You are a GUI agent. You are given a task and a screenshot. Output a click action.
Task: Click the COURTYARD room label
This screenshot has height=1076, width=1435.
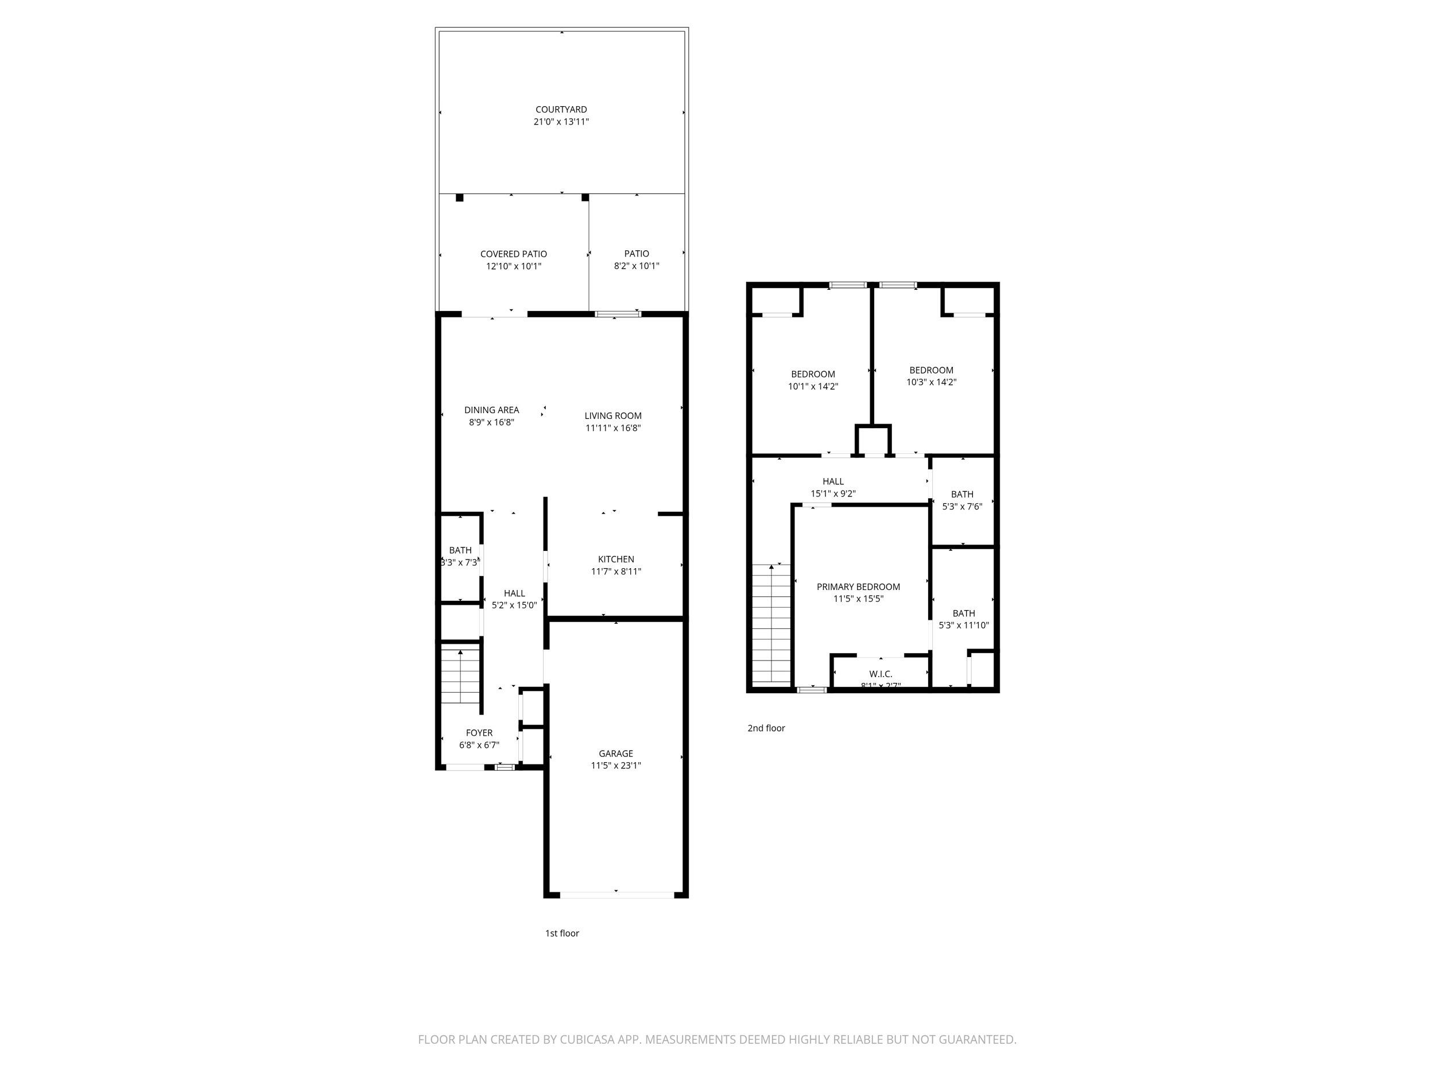(561, 110)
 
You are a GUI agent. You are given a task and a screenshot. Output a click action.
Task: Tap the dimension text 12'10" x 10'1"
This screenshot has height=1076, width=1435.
(513, 266)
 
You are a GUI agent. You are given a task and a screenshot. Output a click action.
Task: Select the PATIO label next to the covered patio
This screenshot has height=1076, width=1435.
(637, 254)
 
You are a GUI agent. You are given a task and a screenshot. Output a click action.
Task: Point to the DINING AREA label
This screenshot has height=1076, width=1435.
(491, 410)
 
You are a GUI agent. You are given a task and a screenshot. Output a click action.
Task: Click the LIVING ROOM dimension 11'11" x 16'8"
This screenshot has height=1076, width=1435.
(613, 428)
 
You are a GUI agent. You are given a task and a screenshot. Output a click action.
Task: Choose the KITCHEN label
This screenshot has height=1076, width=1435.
(616, 559)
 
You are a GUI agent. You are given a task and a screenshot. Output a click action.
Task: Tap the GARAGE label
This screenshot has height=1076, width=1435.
(616, 753)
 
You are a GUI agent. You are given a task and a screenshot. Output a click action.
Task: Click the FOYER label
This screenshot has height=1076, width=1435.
(479, 733)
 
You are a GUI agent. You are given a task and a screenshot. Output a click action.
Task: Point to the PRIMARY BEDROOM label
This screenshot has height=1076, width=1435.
(858, 587)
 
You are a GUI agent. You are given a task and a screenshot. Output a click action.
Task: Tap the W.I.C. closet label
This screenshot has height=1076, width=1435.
(881, 674)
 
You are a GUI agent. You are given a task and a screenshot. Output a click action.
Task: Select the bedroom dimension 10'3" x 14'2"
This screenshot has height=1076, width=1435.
(931, 383)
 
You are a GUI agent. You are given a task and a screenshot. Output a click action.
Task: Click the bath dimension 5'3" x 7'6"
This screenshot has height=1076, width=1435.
(962, 507)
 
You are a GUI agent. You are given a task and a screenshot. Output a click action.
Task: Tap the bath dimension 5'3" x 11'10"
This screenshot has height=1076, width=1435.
(963, 626)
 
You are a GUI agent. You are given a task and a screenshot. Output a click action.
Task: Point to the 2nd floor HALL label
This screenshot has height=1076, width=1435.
(833, 481)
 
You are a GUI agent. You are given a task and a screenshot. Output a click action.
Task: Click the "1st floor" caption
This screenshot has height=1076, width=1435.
(562, 933)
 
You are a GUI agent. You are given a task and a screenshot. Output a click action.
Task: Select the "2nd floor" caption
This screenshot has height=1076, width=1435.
(766, 728)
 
